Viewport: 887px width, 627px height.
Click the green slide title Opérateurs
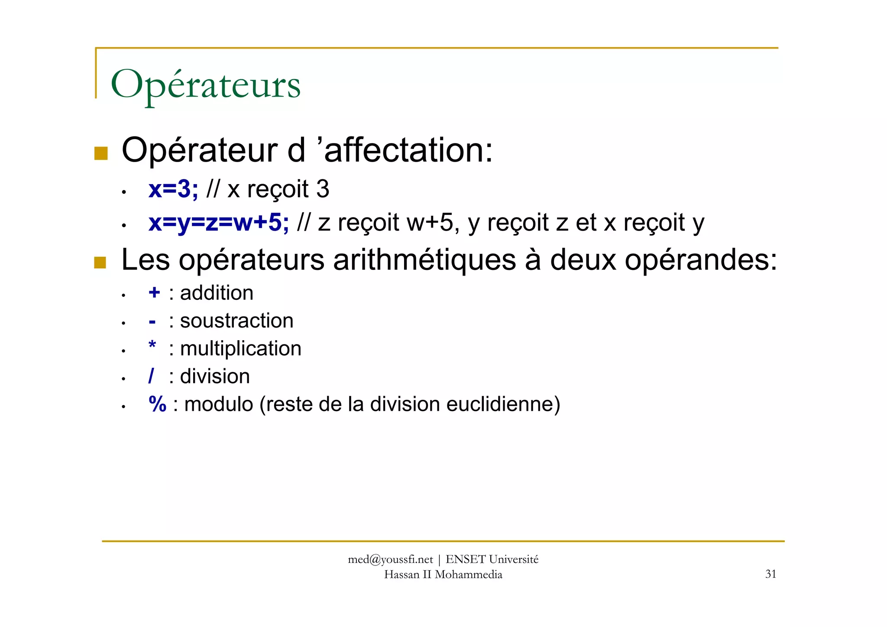click(x=205, y=84)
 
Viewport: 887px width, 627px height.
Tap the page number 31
click(x=770, y=574)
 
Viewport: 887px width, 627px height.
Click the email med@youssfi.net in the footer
click(x=390, y=559)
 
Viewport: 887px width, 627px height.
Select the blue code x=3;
click(x=173, y=189)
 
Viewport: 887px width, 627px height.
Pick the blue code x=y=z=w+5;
click(x=218, y=223)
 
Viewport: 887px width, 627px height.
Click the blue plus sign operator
click(x=154, y=293)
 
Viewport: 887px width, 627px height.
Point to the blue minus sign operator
click(x=152, y=322)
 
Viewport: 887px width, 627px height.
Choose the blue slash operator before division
click(x=151, y=376)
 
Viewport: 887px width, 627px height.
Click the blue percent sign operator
click(x=157, y=404)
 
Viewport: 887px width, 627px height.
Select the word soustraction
click(x=236, y=321)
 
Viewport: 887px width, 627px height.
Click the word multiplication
click(x=240, y=349)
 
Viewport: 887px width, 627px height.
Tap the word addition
click(x=217, y=293)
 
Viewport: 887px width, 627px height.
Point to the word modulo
click(x=218, y=404)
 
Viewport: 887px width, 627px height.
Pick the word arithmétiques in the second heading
click(x=424, y=260)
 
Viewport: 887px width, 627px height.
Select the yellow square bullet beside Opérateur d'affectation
click(x=101, y=153)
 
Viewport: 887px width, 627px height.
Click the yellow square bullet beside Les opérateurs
click(x=100, y=263)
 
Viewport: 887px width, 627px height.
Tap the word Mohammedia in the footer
click(x=468, y=575)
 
